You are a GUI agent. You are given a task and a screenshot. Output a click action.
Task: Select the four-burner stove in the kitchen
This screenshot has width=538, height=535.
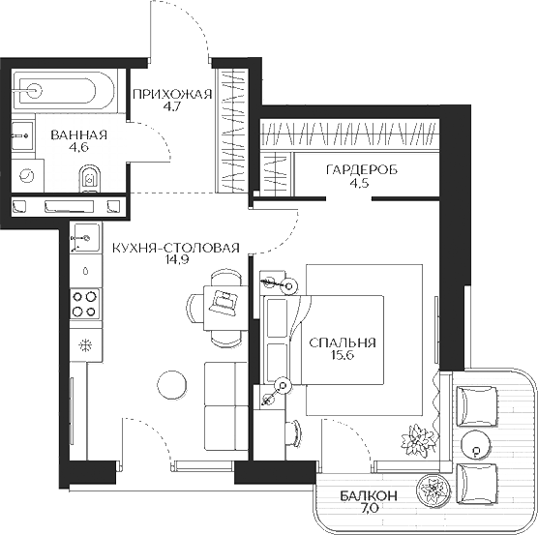(x=84, y=305)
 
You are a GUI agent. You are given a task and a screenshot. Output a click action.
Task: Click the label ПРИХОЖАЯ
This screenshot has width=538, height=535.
(x=171, y=94)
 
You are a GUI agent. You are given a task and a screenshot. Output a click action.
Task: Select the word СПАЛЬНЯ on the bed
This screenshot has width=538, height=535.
(x=342, y=343)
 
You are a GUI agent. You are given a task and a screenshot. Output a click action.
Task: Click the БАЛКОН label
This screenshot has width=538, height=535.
(x=368, y=496)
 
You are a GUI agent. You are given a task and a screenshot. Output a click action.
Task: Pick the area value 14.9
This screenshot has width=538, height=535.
(x=174, y=260)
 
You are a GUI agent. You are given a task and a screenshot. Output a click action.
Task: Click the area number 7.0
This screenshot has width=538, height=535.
(x=369, y=509)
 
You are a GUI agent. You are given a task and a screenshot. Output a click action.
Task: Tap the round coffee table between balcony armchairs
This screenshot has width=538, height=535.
(x=476, y=443)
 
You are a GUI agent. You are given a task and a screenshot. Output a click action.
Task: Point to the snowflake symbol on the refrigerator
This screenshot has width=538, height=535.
(x=83, y=343)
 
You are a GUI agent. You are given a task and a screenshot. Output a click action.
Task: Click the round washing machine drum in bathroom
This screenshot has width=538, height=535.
(x=29, y=177)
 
